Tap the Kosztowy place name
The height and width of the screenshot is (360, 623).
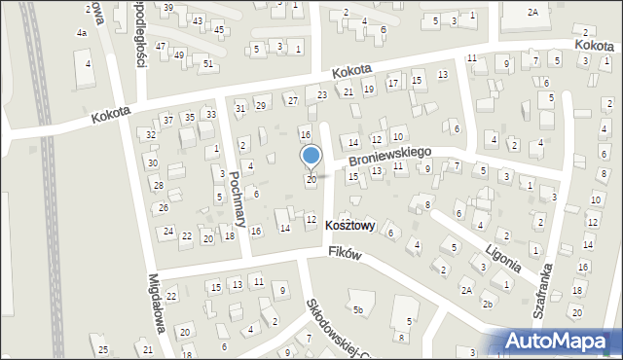point(350,225)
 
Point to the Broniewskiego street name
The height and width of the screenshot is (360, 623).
point(388,155)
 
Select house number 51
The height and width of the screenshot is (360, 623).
point(208,63)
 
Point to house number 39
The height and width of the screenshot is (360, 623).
point(168,8)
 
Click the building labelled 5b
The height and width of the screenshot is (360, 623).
point(359,310)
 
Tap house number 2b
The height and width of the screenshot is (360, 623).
point(488,304)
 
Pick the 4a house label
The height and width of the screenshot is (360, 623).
point(82,33)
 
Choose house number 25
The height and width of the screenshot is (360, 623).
point(103,349)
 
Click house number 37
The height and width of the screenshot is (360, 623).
point(168,120)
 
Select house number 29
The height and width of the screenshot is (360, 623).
point(260,105)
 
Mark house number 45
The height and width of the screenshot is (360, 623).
point(219,29)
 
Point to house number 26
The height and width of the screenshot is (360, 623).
point(164,207)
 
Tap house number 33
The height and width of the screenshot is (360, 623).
point(210,115)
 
